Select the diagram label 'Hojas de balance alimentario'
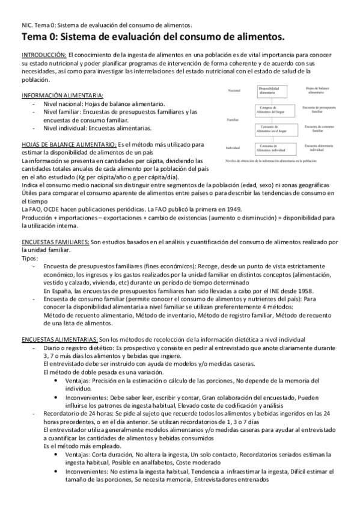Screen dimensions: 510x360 [319, 91]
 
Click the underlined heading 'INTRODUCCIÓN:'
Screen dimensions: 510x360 [44, 55]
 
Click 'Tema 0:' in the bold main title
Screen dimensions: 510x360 [41, 38]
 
